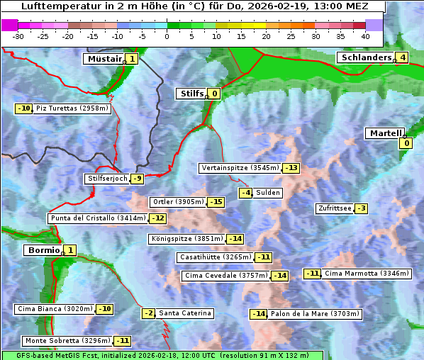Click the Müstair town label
click(x=104, y=59)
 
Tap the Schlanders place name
click(x=365, y=57)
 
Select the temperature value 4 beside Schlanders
click(x=403, y=57)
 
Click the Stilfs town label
click(x=190, y=93)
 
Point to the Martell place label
click(x=384, y=133)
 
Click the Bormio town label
click(x=43, y=250)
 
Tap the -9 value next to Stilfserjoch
click(x=138, y=179)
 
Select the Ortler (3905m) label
click(x=178, y=202)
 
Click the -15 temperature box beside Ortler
click(x=216, y=202)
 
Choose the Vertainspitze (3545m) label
click(x=240, y=168)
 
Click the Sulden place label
click(x=268, y=193)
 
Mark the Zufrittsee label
click(x=334, y=208)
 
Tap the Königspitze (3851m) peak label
click(x=186, y=239)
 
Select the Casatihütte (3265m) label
click(x=215, y=257)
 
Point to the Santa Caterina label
click(x=184, y=313)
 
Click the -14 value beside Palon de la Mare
click(x=259, y=314)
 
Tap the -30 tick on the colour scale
click(x=18, y=36)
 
